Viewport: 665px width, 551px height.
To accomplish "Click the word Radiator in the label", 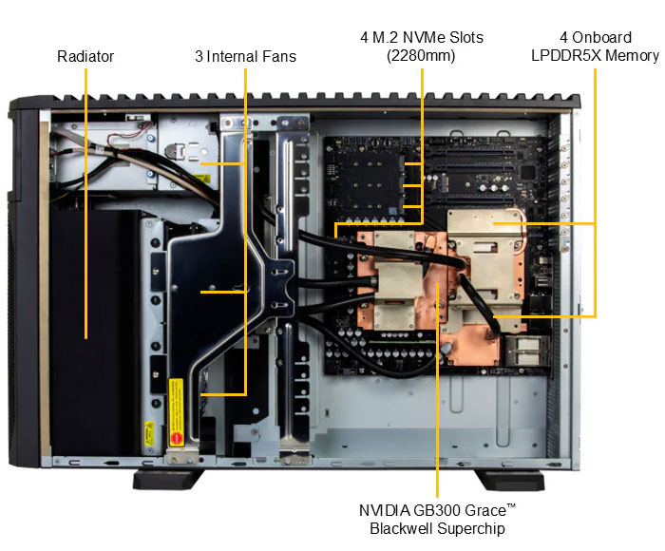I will pos(85,56).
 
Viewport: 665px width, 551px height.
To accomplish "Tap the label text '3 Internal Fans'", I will pos(245,56).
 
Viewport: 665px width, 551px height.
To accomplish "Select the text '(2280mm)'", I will pos(421,56).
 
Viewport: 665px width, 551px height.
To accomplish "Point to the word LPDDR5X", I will pos(568,56).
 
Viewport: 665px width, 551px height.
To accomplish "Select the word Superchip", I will pos(466,528).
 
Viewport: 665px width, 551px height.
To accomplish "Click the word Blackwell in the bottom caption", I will pos(399,528).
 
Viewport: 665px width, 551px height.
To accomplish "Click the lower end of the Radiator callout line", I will pos(85,337).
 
